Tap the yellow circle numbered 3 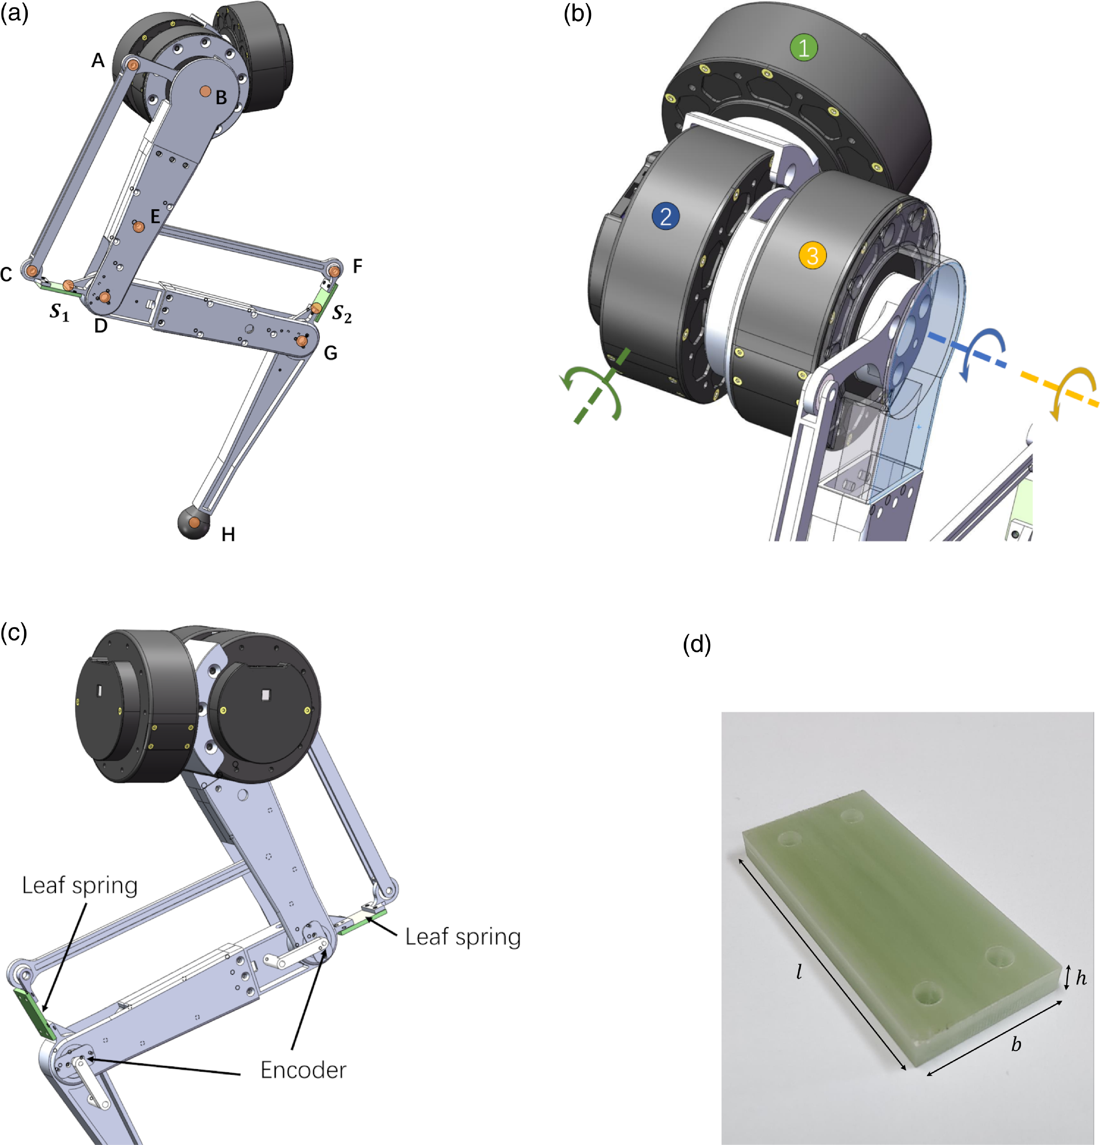pos(812,255)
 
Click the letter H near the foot pos(228,534)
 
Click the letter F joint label pos(358,266)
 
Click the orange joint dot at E pos(138,227)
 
